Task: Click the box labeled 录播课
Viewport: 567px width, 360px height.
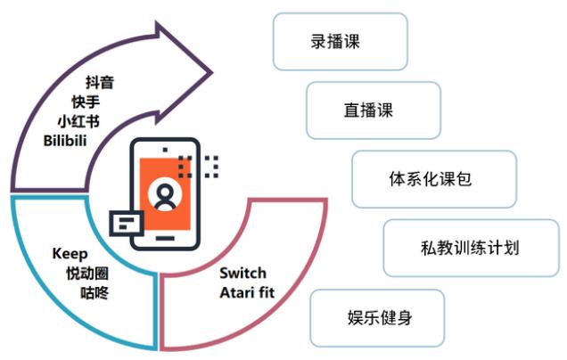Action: [340, 41]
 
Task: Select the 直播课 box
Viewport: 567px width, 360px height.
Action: [373, 110]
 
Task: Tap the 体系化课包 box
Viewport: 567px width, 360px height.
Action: [433, 179]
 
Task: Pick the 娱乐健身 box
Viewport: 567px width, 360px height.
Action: [377, 317]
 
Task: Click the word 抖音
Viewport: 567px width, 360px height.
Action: [99, 84]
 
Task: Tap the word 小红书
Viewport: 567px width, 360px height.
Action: [78, 121]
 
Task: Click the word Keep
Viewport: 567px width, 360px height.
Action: [70, 253]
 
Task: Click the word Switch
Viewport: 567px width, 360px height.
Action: [242, 273]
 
